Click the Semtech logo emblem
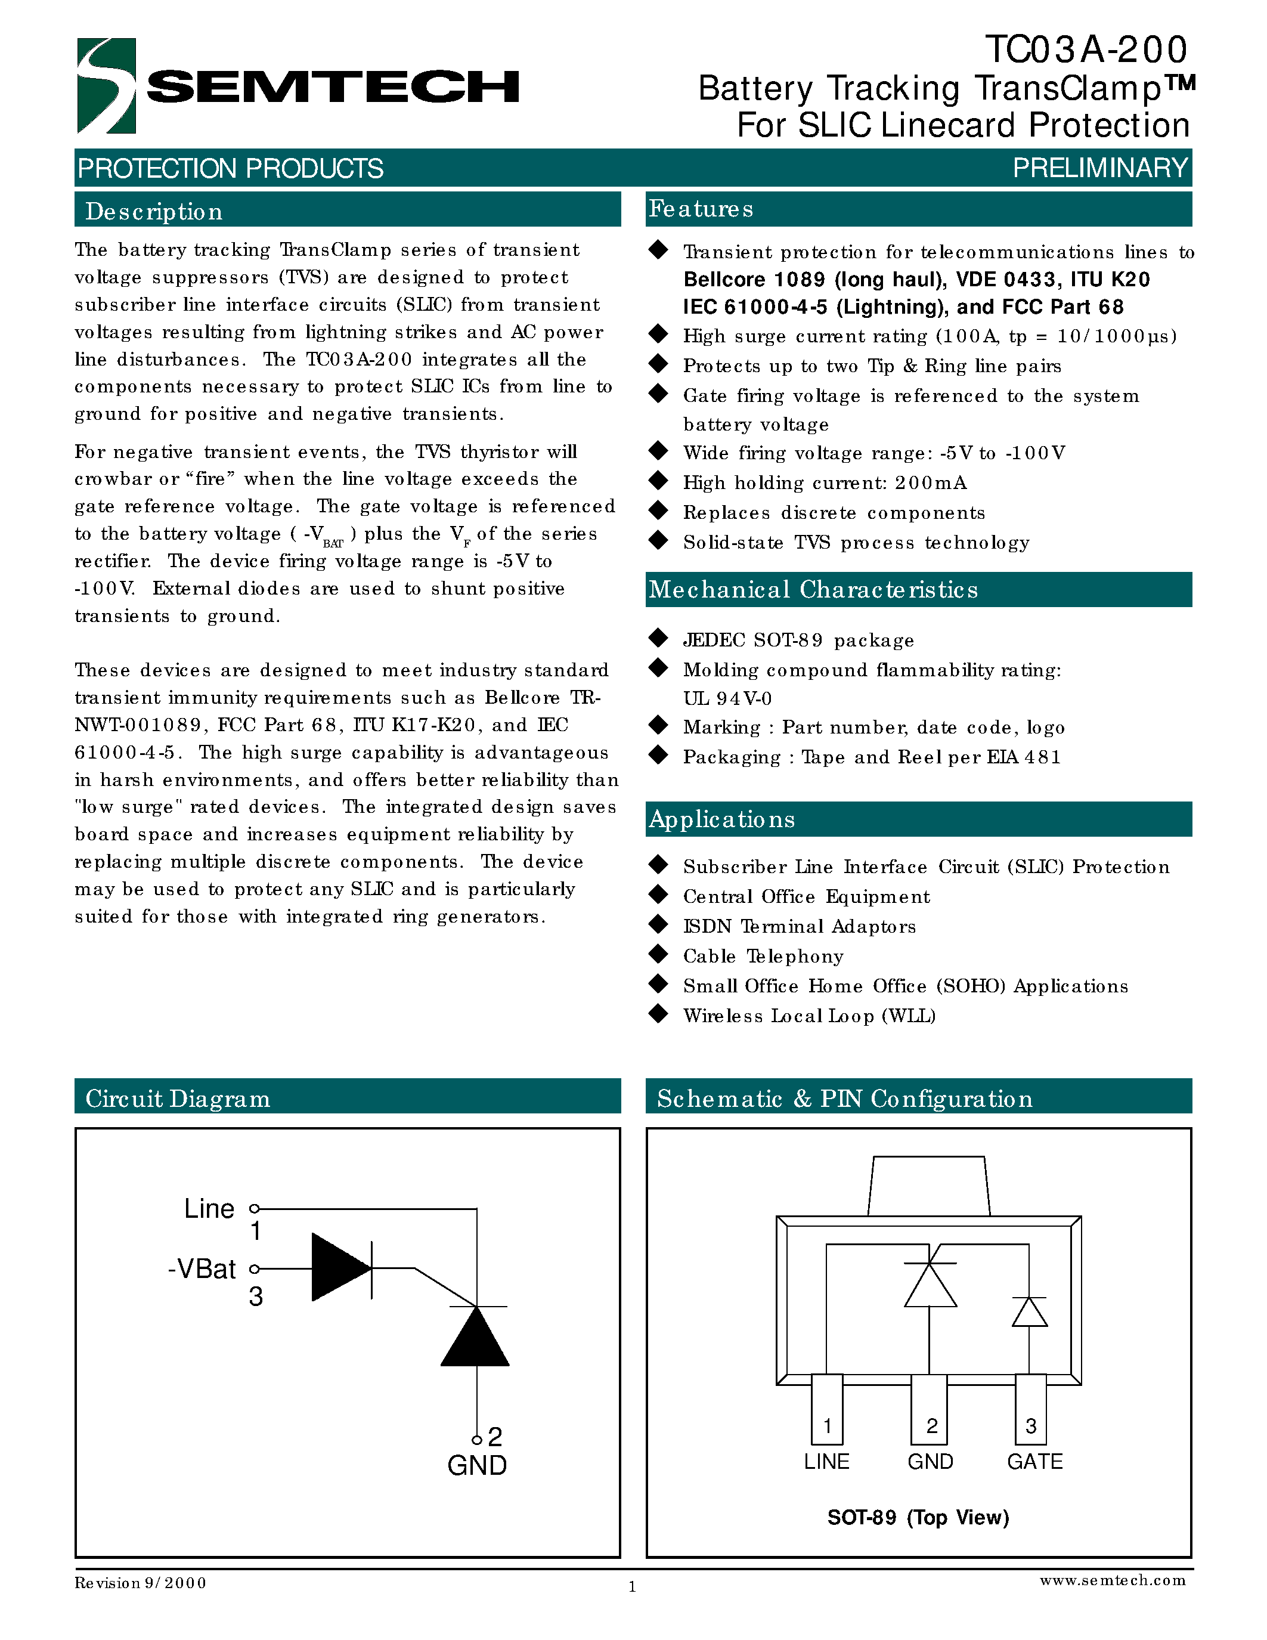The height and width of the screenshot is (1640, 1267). click(106, 86)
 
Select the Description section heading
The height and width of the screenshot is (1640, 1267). click(154, 211)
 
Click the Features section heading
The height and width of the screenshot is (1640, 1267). click(701, 209)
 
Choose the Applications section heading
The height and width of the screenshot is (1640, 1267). click(721, 819)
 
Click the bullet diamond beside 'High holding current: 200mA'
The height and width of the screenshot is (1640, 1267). click(658, 481)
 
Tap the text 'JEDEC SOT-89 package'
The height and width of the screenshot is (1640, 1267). click(798, 640)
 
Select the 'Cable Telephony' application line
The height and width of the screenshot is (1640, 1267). click(763, 956)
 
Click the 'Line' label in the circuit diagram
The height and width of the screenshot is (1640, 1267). click(209, 1209)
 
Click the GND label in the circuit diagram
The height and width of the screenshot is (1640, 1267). click(476, 1465)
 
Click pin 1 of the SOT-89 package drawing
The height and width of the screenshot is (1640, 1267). click(827, 1409)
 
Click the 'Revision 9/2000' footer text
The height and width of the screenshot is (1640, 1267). click(140, 1583)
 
